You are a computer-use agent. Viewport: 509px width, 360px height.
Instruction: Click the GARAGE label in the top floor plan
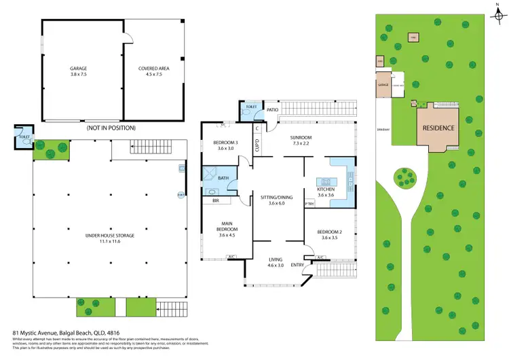79,69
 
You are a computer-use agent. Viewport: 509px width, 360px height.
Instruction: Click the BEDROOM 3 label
223,142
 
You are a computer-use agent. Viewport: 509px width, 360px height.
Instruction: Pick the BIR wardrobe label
215,201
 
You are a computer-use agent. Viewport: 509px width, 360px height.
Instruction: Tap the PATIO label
274,109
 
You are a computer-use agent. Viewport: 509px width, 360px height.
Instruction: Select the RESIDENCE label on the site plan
439,128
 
